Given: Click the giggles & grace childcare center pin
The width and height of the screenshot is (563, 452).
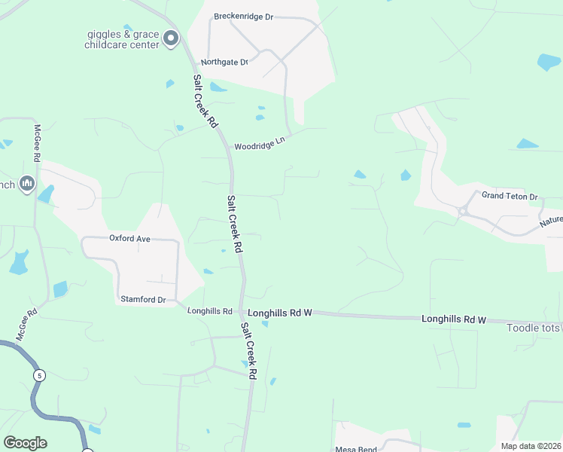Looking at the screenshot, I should pos(172,37).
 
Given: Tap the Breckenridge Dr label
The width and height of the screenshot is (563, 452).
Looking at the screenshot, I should pos(243,16).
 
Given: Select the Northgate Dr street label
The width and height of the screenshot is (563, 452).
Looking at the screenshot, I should pos(224,62).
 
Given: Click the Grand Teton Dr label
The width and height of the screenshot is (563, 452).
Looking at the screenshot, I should pos(511,197).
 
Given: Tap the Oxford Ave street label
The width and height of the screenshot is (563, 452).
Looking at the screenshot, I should pos(129,238).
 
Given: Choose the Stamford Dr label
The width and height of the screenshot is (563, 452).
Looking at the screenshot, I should pos(143,299).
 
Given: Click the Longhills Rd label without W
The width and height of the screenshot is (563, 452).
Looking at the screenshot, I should pos(210,311).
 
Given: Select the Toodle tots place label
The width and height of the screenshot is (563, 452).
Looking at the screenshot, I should pos(533,328).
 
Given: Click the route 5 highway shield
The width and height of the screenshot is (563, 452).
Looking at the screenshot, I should pos(39,374).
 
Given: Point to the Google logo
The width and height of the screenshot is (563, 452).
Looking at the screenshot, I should pos(25,443).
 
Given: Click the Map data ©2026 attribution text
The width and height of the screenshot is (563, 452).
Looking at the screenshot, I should pos(531,446).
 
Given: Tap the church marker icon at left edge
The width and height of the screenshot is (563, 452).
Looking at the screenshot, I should pos(28,183).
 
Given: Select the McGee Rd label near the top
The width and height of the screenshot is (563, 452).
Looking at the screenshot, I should pos(37,142).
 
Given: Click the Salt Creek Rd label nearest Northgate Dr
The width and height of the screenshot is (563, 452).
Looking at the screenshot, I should pos(205,100).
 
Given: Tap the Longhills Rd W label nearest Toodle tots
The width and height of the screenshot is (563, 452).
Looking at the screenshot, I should pos(464,319).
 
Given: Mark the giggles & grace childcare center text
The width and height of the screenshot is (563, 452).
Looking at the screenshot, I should pos(123,39).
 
